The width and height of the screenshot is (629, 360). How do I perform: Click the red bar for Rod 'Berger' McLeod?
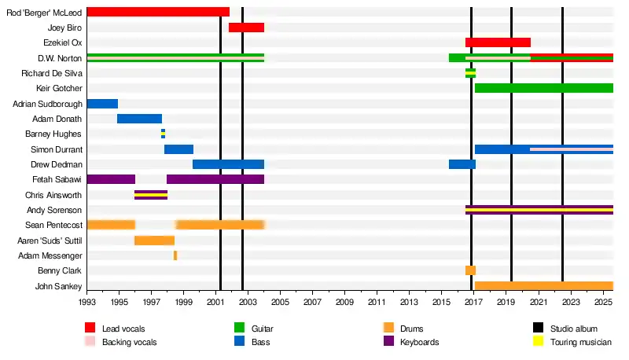(x=157, y=12)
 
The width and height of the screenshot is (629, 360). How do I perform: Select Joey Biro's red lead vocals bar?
(x=246, y=28)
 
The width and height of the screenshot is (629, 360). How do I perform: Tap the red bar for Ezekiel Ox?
(x=498, y=42)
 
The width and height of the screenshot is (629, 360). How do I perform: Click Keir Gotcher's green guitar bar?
(x=543, y=88)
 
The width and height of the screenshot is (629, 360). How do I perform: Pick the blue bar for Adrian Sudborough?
(x=102, y=104)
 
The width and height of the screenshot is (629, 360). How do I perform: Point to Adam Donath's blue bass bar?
(x=139, y=119)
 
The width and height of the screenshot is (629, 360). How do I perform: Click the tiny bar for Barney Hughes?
(x=163, y=134)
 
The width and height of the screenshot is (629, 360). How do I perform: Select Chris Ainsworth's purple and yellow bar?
(x=151, y=195)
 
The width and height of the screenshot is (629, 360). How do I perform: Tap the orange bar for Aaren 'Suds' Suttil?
(x=154, y=241)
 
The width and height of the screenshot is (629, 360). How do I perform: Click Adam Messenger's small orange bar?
(x=175, y=255)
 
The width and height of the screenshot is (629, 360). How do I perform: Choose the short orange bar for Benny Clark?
(x=470, y=270)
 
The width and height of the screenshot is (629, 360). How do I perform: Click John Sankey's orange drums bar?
(x=543, y=286)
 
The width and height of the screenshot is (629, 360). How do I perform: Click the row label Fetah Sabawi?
(x=59, y=180)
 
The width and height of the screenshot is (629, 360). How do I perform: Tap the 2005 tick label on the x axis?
(x=280, y=302)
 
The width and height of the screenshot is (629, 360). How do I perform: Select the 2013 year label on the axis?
(x=409, y=302)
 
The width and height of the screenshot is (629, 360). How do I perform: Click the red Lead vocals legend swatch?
(x=90, y=328)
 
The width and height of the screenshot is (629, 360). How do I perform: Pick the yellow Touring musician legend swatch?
(x=539, y=342)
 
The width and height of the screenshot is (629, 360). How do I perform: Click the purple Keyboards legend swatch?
(x=388, y=342)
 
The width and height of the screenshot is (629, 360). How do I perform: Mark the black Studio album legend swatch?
(x=539, y=328)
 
